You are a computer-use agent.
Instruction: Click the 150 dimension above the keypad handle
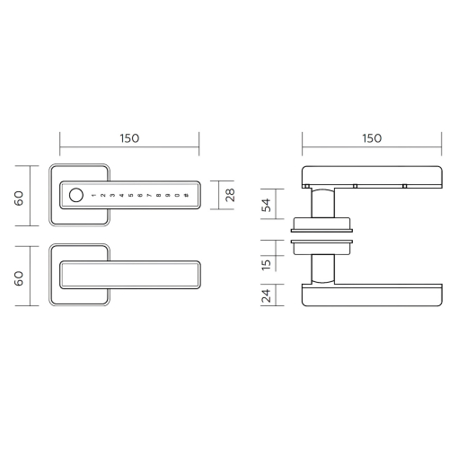coord(129,138)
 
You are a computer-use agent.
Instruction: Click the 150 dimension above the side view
coord(372,138)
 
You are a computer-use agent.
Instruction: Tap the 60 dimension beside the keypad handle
coord(19,198)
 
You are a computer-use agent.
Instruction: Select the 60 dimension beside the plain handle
coord(19,278)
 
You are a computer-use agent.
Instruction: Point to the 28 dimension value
coord(230,195)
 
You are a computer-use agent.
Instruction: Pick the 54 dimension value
coord(266,205)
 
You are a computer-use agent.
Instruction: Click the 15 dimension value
coord(266,265)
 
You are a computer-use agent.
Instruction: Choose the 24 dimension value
coord(266,295)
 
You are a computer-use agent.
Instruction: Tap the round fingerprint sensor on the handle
coord(76,195)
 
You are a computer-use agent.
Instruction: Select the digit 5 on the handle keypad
coord(130,196)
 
